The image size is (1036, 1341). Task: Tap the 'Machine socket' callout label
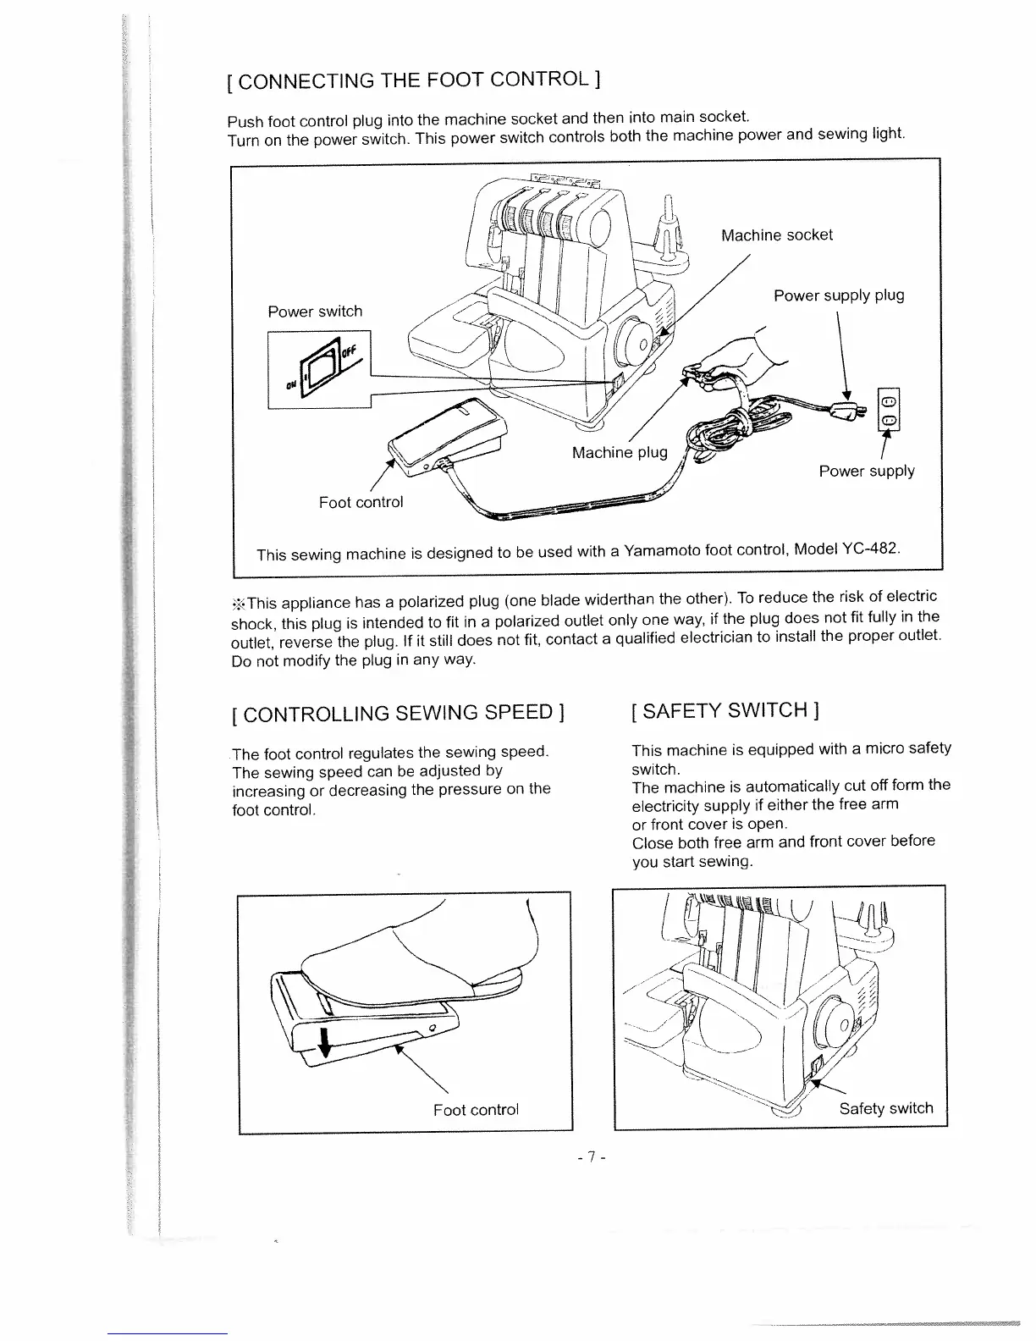pyautogui.click(x=776, y=235)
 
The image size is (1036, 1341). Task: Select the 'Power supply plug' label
pyautogui.click(x=838, y=295)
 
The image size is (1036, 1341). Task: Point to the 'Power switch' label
pyautogui.click(x=315, y=312)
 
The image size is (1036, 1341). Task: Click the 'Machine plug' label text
pyautogui.click(x=620, y=453)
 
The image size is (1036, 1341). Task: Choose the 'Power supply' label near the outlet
pyautogui.click(x=866, y=471)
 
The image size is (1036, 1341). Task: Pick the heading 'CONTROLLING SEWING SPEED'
pyautogui.click(x=398, y=712)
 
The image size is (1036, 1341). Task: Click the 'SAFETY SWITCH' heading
pyautogui.click(x=724, y=709)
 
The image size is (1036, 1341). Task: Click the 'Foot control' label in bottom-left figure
pyautogui.click(x=475, y=1109)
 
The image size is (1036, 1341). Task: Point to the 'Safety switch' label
pyautogui.click(x=885, y=1108)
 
